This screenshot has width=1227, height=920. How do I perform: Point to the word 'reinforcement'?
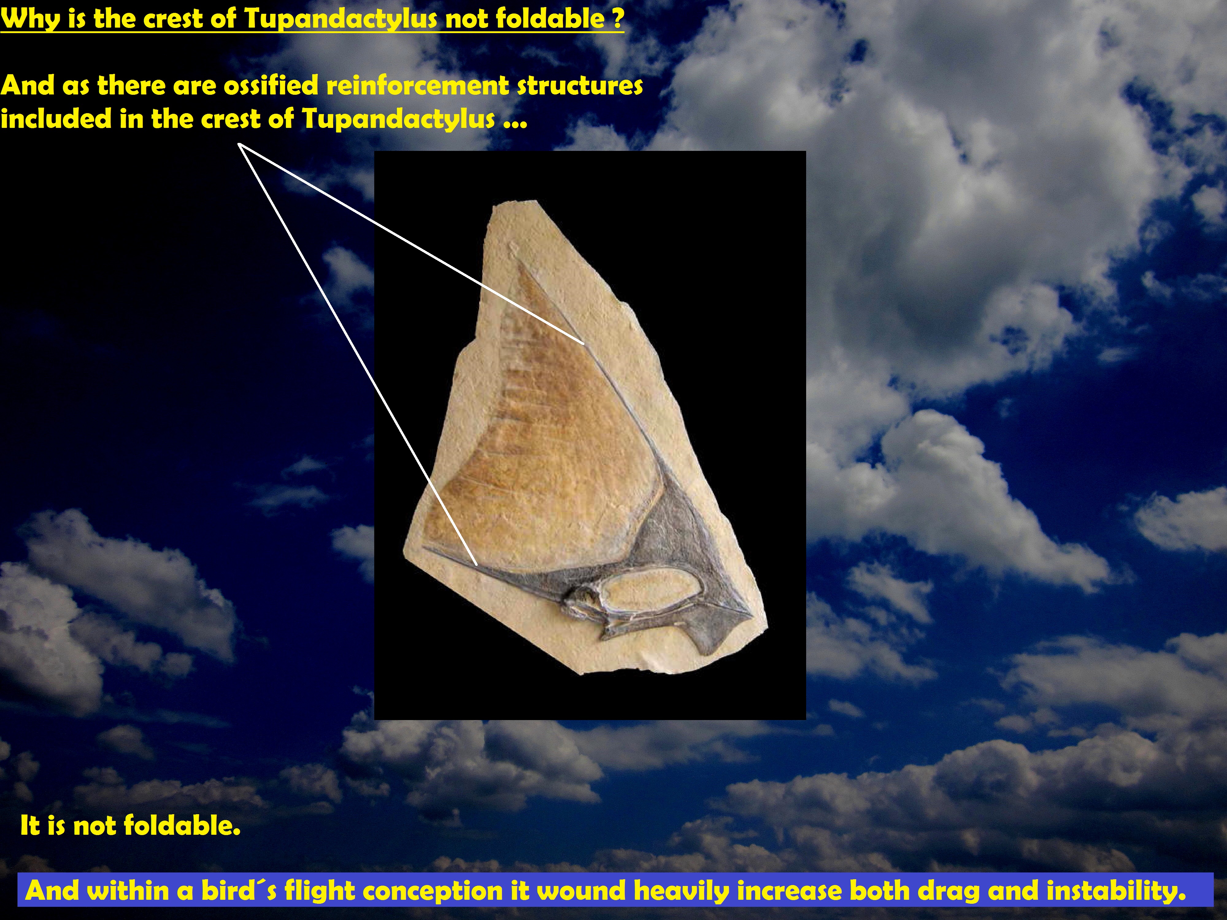click(x=417, y=85)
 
